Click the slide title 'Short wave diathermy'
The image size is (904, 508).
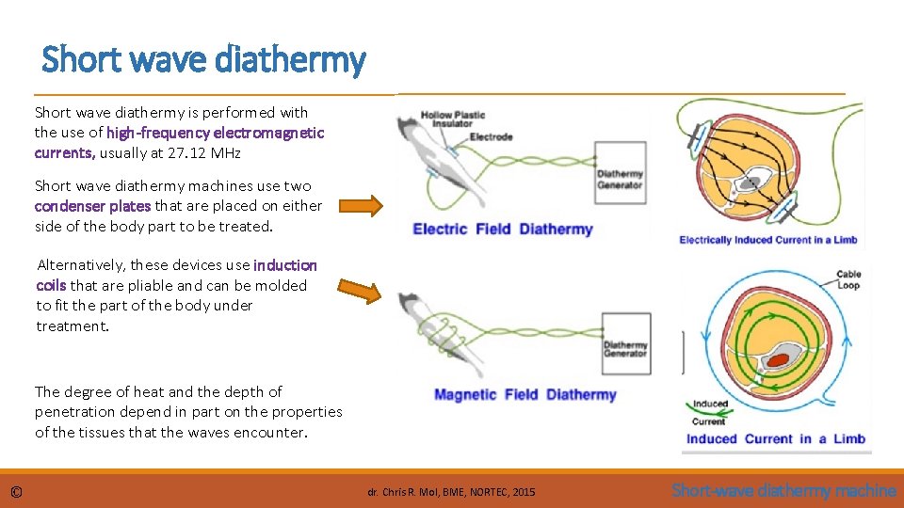tap(203, 60)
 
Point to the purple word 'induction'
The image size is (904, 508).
tap(285, 265)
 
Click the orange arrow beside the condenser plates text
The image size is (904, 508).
tap(361, 205)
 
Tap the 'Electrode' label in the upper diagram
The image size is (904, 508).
tap(491, 136)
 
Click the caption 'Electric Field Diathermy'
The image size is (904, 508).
tap(503, 230)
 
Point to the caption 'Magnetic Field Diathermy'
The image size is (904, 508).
tap(525, 395)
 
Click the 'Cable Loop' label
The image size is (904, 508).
tap(848, 280)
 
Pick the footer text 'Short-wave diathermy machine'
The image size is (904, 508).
tap(783, 490)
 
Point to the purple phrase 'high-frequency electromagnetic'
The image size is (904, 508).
tap(216, 134)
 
